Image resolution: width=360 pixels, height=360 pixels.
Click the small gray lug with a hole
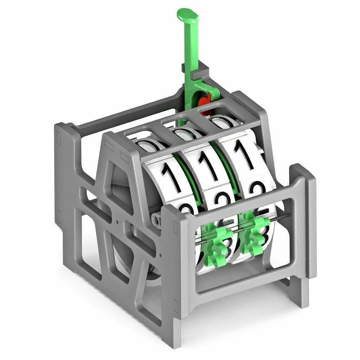pyautogui.click(x=157, y=221)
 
